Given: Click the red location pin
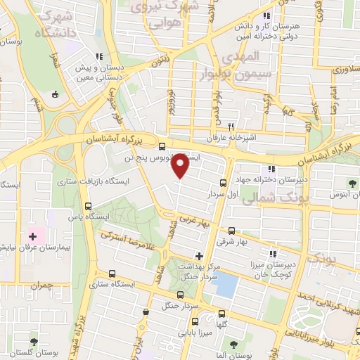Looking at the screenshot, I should coord(181,165).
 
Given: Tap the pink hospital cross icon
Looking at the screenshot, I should coord(32,236).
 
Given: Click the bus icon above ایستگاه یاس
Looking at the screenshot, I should coord(88,206).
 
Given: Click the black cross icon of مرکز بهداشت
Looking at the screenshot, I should coord(200,255).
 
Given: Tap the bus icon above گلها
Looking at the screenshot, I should coord(222,314).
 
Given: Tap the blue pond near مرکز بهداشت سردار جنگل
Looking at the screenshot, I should coord(226,284).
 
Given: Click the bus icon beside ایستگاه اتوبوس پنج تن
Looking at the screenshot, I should coord(162,148).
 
